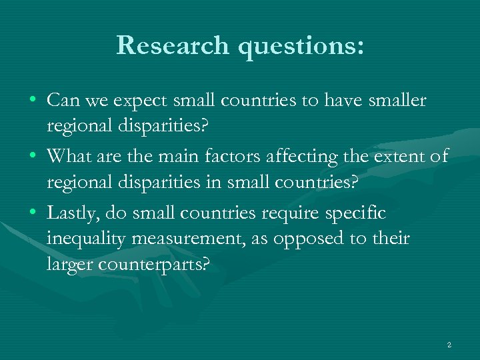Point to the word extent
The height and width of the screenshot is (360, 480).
click(399, 157)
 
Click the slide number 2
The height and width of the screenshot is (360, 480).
click(449, 345)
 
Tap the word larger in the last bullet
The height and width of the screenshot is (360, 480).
click(70, 264)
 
